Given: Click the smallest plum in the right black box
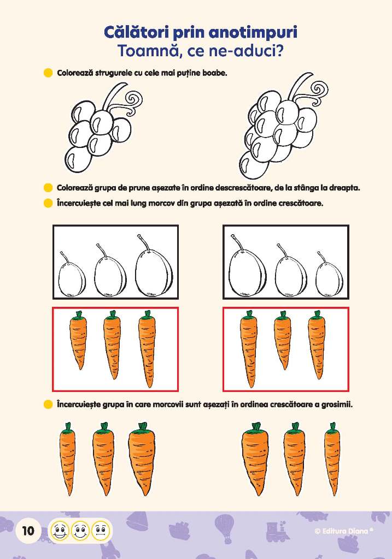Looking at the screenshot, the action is tap(329, 275).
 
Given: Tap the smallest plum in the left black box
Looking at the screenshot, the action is tap(72, 275).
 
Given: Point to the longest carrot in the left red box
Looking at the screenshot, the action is tap(147, 349).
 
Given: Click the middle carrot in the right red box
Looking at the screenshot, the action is tap(283, 340).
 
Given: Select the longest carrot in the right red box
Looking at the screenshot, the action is tap(248, 349).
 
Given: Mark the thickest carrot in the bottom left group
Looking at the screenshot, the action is tap(142, 459).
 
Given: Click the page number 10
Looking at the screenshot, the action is tap(28, 531).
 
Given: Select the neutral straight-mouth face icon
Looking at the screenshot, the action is tap(101, 531).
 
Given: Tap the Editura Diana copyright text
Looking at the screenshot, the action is tap(344, 531).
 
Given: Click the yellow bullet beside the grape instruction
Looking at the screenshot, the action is tap(48, 73).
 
